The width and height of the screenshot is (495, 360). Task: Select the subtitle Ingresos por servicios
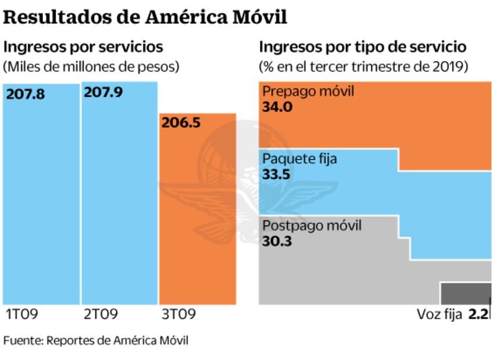coord(84,46)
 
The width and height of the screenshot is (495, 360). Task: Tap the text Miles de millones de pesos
coord(91,66)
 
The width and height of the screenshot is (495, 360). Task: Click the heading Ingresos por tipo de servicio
coord(363,46)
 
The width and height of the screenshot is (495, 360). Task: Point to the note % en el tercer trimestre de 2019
coord(363,66)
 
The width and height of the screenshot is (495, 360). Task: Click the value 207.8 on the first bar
coord(26,94)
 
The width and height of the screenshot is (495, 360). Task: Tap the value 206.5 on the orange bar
coord(182,124)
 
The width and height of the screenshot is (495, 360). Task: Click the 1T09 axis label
coord(21,315)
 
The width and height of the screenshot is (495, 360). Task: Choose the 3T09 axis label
coord(178,315)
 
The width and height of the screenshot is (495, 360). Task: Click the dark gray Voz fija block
coord(465,293)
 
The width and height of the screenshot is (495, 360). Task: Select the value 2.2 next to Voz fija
coord(479,315)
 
